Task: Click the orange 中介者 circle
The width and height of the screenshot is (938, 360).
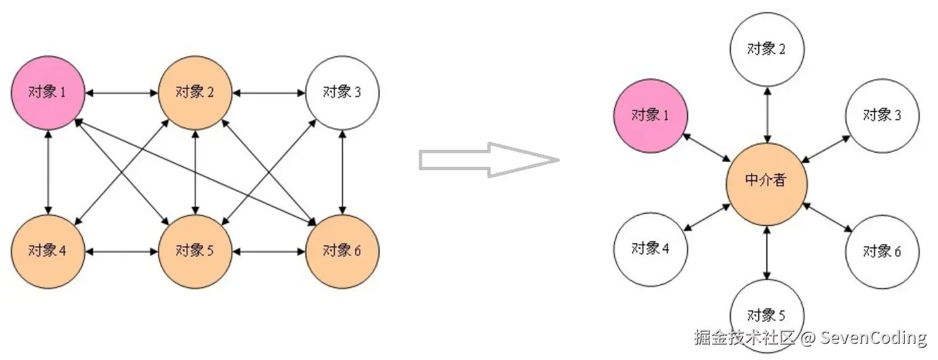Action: pos(767,180)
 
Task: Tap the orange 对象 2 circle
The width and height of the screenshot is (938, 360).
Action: pos(195,92)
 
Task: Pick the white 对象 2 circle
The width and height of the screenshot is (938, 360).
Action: pos(767,49)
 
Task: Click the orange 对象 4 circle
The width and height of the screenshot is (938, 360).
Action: pos(48,252)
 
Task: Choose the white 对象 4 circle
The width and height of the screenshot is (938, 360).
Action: pos(651,249)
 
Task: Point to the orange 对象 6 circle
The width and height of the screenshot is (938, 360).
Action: pos(343,252)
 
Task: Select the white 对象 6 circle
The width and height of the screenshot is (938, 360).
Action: pos(882,252)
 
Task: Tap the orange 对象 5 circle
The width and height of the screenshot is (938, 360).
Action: pos(195,252)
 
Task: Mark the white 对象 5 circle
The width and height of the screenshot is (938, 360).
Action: pos(767,315)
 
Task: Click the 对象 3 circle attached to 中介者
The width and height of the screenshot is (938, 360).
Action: pos(882,115)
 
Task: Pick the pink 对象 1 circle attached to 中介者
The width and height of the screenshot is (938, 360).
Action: pos(651,115)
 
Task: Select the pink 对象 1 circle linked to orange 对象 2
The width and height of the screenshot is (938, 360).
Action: pos(48,92)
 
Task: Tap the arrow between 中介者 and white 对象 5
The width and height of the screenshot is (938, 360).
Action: pos(767,252)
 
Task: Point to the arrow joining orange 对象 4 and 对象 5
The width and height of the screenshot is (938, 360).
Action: pos(122,252)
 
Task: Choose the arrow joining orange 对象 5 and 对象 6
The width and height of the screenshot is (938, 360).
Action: pos(269,252)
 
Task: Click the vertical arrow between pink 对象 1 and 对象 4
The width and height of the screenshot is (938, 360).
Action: pos(48,172)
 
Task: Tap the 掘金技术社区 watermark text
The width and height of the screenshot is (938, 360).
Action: pos(744,338)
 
